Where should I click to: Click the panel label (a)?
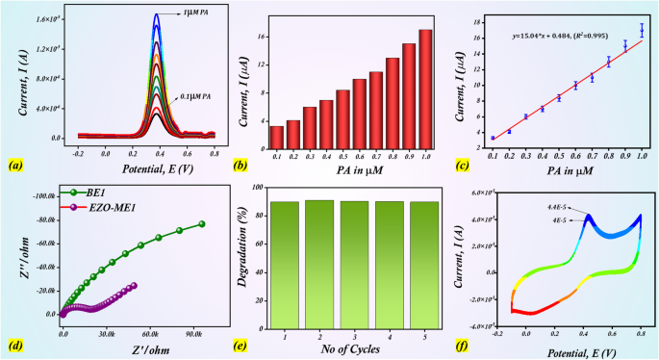click(14, 166)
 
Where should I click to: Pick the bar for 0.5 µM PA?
click(342, 115)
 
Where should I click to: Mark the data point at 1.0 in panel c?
click(642, 31)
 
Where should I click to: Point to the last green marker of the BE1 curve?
click(202, 224)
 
